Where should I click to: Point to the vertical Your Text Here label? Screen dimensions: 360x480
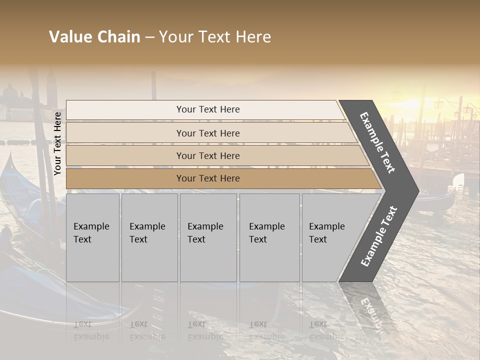[x=57, y=143]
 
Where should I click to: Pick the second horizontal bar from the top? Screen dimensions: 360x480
[x=207, y=133]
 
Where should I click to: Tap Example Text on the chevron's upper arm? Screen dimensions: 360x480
[x=377, y=142]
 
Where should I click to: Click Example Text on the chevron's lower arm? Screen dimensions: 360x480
[x=379, y=236]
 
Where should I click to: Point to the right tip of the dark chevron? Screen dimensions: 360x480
[x=417, y=190]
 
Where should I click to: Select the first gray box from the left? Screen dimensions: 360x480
[x=92, y=237]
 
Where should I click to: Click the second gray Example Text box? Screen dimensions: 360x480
[x=149, y=237]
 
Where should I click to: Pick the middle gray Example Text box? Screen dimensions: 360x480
[x=208, y=237]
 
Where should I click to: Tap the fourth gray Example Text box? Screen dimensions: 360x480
[x=269, y=237]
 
